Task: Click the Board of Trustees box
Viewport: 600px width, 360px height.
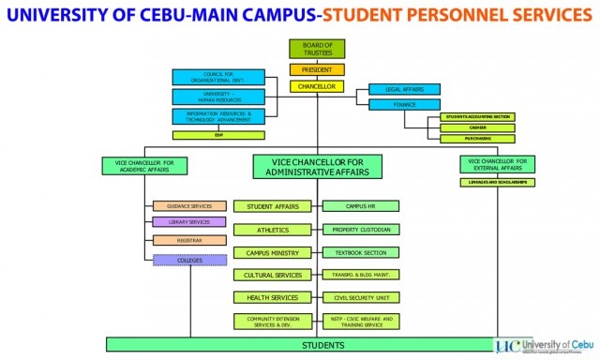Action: [317, 51]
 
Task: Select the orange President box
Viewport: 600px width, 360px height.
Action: [317, 69]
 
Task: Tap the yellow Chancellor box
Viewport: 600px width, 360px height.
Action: [317, 86]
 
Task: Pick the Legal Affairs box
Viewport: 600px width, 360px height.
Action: [404, 89]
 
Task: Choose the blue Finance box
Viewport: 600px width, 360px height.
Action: [404, 105]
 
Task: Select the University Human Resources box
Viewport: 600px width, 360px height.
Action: [212, 97]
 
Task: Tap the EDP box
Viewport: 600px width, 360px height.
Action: [217, 135]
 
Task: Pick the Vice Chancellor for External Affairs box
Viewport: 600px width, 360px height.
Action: [498, 163]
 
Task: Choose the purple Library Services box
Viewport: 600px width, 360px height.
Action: [188, 222]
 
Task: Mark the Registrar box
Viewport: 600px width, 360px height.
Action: [188, 240]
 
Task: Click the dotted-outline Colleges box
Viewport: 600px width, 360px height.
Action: [188, 260]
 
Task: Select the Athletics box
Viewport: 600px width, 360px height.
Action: [273, 230]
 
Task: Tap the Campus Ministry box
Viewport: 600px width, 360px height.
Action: [273, 252]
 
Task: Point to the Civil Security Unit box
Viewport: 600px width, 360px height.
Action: [361, 298]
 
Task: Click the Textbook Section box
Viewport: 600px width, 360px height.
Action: [361, 252]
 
